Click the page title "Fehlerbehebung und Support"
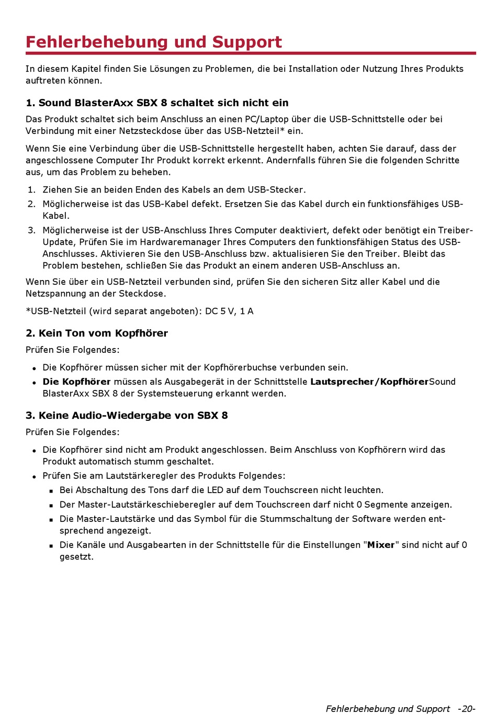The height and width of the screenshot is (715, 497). point(153,42)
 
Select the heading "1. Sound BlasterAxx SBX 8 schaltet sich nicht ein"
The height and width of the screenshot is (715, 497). point(157,103)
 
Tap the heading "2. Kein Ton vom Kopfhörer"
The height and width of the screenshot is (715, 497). point(97,333)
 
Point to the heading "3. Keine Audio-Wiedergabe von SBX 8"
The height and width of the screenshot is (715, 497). point(127,415)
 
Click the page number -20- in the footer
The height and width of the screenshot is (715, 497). point(466,709)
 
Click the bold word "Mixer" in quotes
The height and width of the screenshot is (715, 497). point(381,545)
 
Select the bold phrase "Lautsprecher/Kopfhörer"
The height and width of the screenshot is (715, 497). point(369,382)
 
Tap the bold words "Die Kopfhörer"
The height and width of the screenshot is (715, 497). point(76,382)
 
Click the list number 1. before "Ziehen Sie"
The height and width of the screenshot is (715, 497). point(31,189)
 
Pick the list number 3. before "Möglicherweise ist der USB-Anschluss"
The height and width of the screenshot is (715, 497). point(31,230)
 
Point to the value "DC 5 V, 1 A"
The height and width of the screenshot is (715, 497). point(229,311)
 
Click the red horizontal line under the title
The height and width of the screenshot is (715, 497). point(251,53)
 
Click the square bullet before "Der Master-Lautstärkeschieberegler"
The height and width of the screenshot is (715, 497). point(51,506)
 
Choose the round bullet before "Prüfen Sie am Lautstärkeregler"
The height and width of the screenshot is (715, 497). point(34,477)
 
